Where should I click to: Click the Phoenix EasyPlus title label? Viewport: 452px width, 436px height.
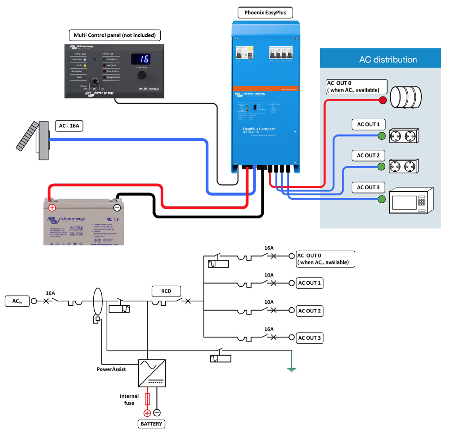coord(265,13)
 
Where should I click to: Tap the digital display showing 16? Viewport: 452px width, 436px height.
coord(140,59)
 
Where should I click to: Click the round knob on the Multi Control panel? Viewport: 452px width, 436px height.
coord(142,75)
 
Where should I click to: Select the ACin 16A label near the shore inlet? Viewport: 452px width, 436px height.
coord(69,126)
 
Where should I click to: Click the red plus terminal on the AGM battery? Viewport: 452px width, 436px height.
coord(52,208)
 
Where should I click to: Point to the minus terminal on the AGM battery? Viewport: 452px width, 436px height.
coord(117,208)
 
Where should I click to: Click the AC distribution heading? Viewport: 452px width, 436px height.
coord(388,59)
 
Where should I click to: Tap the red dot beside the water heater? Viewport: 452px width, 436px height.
coord(383,100)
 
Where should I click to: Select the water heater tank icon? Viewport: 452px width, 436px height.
coord(406,97)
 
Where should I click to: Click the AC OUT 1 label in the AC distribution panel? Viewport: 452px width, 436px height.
coord(368,124)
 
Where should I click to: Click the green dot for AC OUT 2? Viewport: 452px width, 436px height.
coord(381,166)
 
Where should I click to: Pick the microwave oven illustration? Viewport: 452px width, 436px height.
coord(411,201)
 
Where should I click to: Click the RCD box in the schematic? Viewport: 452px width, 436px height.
coord(166,291)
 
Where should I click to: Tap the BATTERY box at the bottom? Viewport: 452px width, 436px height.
coord(151,424)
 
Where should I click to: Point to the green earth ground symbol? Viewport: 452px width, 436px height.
coord(291,369)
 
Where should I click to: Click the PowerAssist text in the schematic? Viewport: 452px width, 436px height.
coord(111,369)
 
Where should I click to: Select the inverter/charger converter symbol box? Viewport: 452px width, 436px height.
coord(152,373)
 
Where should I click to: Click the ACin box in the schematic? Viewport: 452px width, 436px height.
coord(17,301)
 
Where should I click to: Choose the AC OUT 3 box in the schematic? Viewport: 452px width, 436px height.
coord(309,338)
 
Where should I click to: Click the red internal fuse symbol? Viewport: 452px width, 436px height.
coord(147,399)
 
